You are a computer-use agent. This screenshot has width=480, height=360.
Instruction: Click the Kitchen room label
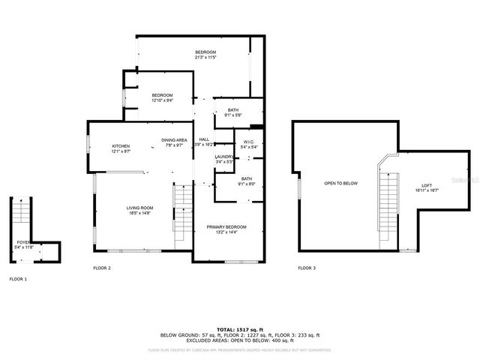pos(121,145)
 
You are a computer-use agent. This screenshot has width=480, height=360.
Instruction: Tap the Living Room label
pos(139,208)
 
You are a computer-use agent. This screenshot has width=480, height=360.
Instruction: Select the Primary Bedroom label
pos(226,226)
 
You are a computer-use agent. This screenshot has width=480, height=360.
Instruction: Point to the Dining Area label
pos(174,140)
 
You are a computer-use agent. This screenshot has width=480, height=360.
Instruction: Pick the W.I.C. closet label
pos(250,142)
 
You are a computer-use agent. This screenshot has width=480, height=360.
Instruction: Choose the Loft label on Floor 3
pos(427,186)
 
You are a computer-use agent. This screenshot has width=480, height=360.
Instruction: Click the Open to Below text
pos(340,183)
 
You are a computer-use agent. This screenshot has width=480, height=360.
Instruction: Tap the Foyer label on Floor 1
pos(24,242)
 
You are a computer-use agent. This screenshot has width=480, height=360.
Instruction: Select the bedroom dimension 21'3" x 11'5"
pos(205,57)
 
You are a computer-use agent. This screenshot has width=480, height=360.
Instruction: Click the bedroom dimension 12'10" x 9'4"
pos(163,100)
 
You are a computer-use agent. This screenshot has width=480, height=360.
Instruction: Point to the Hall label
pos(204,139)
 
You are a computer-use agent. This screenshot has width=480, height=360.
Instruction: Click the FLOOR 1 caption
pos(18,278)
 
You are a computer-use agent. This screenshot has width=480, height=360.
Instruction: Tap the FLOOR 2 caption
pos(102,268)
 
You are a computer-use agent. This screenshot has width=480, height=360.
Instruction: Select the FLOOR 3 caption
pos(307,268)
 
